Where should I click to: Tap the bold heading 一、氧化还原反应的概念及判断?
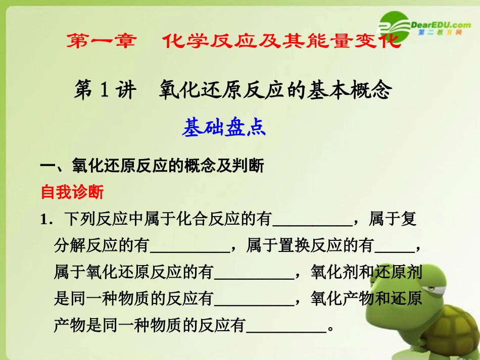tap(152, 166)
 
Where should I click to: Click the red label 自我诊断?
tap(72, 192)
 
